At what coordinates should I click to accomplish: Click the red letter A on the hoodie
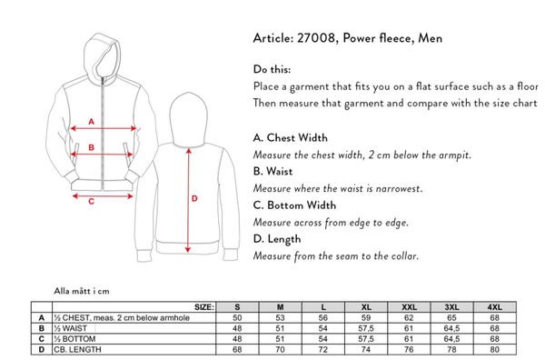click(x=92, y=122)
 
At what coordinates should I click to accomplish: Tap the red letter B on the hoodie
click(x=92, y=147)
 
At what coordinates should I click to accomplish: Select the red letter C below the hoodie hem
click(x=92, y=202)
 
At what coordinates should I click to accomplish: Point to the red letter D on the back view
click(x=194, y=198)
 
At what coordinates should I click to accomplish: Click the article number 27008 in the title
click(x=316, y=38)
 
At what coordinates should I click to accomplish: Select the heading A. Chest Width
click(x=291, y=138)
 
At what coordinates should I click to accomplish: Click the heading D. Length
click(x=277, y=239)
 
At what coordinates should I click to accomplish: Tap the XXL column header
click(x=409, y=307)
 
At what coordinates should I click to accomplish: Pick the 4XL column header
click(x=495, y=307)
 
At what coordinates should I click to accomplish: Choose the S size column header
click(x=237, y=307)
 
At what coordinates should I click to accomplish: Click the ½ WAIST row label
click(x=71, y=328)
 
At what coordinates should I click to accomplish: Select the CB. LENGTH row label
click(x=77, y=349)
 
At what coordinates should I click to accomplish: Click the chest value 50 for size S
click(x=237, y=317)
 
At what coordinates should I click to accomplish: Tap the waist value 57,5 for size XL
click(x=366, y=328)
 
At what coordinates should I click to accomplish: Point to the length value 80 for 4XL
click(x=495, y=349)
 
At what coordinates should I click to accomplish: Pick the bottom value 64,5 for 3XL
click(x=451, y=339)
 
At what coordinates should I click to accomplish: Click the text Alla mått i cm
click(x=82, y=291)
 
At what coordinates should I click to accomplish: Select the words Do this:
click(x=272, y=69)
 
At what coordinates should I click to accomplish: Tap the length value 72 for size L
click(x=323, y=349)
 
